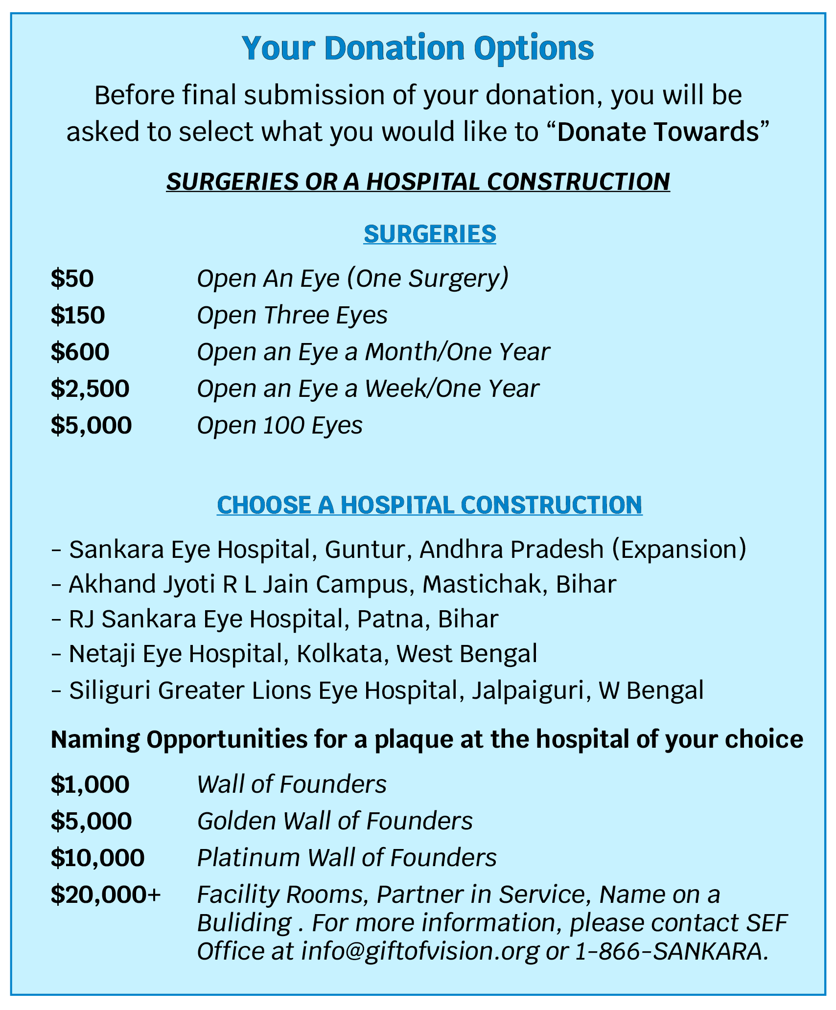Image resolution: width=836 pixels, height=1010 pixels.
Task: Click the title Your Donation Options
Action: (x=418, y=48)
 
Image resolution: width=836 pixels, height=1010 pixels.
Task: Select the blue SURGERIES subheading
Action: (x=430, y=234)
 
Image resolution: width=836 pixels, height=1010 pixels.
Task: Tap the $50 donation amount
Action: (x=72, y=278)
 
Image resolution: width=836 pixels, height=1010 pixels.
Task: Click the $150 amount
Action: (x=78, y=315)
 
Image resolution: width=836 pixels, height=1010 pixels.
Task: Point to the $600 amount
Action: (x=80, y=352)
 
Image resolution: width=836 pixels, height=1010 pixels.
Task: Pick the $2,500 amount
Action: (x=90, y=389)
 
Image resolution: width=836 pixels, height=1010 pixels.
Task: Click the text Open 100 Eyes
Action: (x=279, y=425)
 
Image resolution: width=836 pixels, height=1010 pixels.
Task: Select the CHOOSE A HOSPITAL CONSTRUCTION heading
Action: (x=429, y=505)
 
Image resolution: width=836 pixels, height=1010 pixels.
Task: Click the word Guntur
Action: (x=365, y=549)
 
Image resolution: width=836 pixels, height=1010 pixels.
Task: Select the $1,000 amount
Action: (x=90, y=784)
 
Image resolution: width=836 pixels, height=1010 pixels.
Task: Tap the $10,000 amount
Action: (x=97, y=857)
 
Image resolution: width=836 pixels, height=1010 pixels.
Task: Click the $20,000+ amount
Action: (x=106, y=895)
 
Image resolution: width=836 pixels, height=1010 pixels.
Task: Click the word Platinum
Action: (x=248, y=857)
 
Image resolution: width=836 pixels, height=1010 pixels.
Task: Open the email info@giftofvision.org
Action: (x=420, y=951)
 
